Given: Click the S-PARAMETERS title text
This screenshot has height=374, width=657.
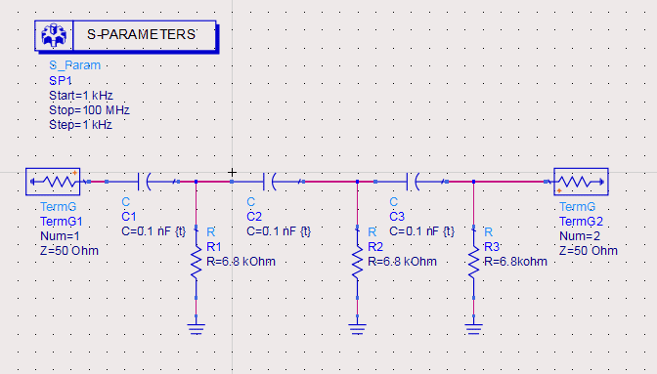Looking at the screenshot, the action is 141,34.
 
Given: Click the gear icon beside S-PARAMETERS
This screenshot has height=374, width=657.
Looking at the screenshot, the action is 54,35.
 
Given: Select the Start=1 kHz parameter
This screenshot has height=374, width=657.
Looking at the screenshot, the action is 81,96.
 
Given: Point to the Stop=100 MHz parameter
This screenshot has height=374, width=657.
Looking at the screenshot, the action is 89,110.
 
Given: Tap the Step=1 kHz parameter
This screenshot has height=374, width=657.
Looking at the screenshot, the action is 80,125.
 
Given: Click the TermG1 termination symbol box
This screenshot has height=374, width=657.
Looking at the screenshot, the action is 53,182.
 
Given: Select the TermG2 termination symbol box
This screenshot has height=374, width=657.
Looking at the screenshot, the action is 581,182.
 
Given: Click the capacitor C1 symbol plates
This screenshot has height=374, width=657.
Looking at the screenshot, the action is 144,182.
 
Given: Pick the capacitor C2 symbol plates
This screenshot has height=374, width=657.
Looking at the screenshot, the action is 269,182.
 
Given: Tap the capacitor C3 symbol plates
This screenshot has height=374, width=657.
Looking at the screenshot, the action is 413,182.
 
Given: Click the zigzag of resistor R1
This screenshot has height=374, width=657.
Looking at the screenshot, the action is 197,263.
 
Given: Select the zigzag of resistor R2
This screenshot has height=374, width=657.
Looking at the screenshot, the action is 358,263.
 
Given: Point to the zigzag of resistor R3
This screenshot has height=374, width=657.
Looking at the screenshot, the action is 473,263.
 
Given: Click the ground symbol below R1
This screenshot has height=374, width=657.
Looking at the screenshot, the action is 197,329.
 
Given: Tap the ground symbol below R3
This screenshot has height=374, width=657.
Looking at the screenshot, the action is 473,329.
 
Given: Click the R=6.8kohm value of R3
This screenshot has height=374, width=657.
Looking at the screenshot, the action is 515,262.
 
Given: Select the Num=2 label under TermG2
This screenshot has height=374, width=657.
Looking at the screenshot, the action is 580,236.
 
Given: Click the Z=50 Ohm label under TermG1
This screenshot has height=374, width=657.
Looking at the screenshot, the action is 69,251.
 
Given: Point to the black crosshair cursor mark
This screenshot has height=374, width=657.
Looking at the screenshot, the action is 232,172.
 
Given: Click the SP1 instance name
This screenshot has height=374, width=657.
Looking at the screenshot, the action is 61,80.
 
